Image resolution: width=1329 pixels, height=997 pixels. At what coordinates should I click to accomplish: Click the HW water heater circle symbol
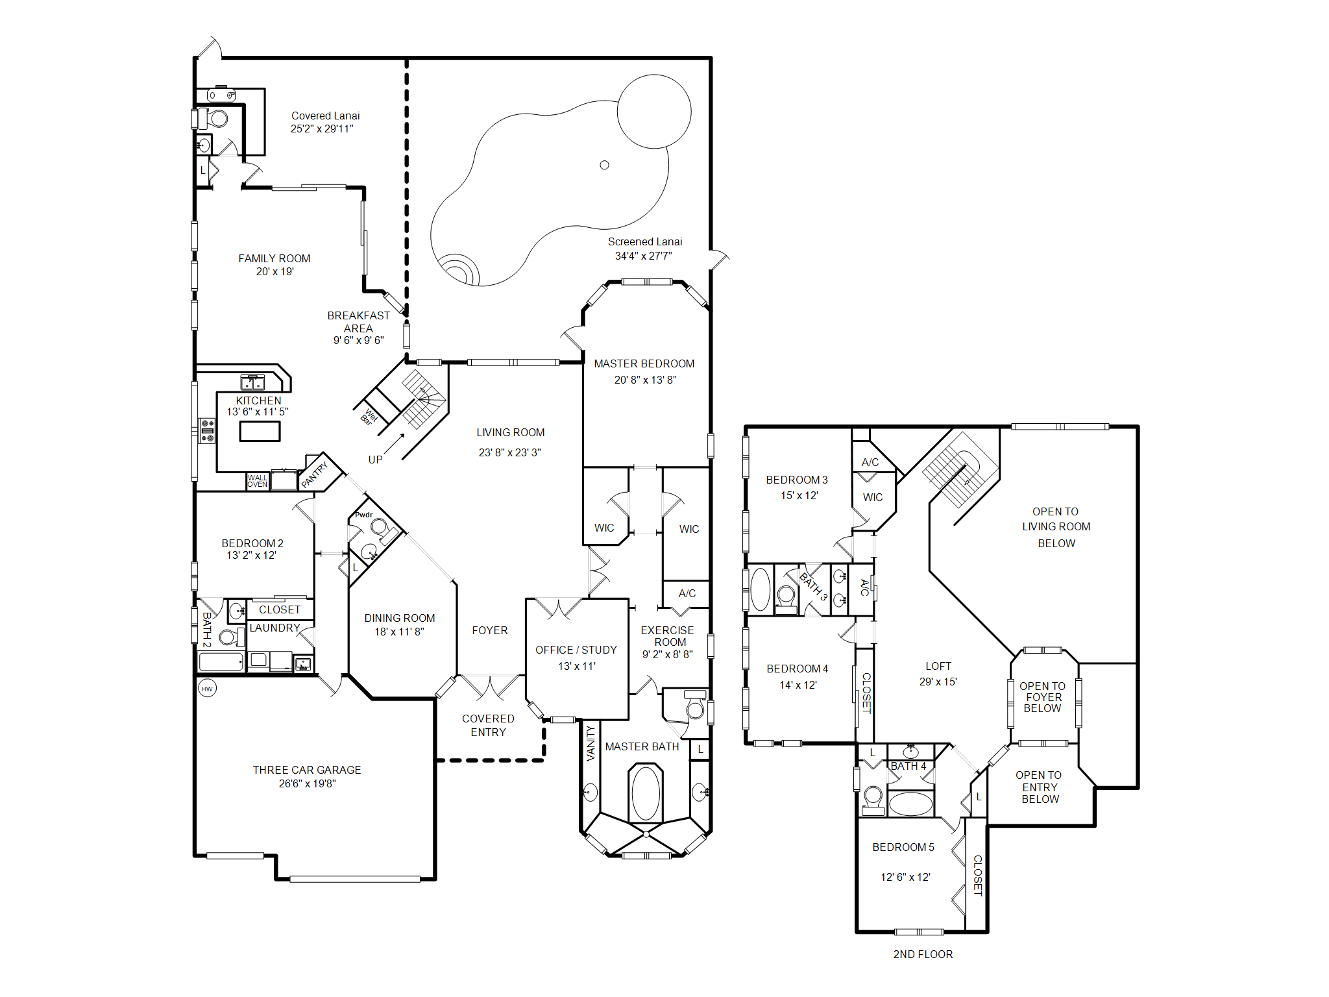point(207,689)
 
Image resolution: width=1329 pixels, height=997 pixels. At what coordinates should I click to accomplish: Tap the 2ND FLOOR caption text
point(923,954)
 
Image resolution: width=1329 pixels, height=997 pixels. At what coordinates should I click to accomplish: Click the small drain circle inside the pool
point(604,165)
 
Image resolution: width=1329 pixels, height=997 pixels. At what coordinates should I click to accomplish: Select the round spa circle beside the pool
point(653,112)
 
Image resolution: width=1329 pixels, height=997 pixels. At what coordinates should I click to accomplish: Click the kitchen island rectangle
point(260,432)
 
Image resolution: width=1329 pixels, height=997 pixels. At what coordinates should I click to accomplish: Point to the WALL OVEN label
point(257,481)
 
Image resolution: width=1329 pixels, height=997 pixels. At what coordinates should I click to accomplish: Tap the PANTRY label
point(315,475)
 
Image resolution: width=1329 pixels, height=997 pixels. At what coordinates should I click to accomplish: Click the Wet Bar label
point(369,417)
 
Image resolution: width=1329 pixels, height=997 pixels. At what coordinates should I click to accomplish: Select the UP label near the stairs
point(375,460)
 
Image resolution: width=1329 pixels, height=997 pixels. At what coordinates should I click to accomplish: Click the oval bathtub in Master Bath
point(646,793)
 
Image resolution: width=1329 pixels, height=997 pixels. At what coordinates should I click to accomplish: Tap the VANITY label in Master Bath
point(591,743)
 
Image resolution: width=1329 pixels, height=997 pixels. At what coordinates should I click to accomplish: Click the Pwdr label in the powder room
point(363,515)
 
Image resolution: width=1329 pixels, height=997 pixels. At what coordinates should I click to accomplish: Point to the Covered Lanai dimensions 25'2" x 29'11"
point(322,129)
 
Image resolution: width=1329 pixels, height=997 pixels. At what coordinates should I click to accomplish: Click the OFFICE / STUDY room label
point(576,650)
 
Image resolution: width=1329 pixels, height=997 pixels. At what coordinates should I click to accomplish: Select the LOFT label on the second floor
point(938,666)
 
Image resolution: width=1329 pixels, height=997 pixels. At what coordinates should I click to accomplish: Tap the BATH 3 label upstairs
point(813,586)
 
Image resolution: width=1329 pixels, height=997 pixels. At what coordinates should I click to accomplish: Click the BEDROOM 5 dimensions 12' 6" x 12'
point(905,877)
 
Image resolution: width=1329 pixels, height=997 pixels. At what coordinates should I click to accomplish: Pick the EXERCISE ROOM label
point(668,636)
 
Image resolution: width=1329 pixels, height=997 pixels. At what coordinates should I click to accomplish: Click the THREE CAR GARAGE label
point(307,770)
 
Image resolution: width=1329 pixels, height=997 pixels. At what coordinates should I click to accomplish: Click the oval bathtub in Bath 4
point(910,804)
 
